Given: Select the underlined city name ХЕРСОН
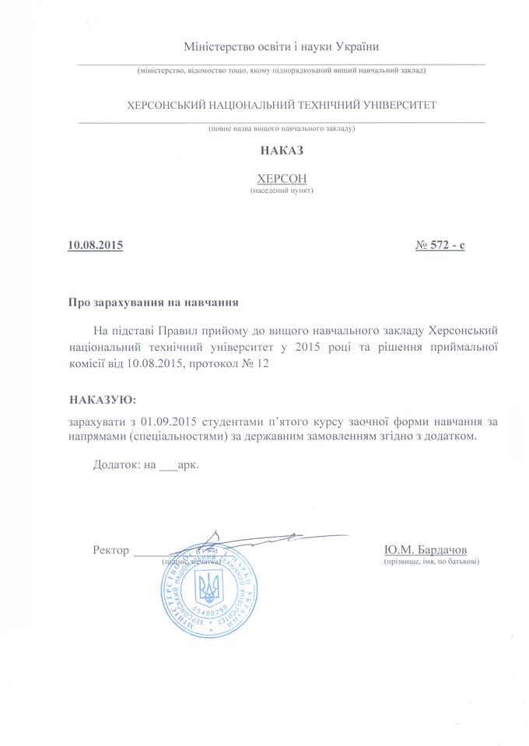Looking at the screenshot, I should pyautogui.click(x=282, y=178).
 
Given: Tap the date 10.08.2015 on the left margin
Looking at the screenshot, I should pyautogui.click(x=96, y=246).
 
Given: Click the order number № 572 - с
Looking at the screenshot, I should pyautogui.click(x=440, y=246).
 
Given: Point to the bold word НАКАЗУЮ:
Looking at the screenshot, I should pyautogui.click(x=101, y=399).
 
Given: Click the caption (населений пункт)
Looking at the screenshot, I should pyautogui.click(x=282, y=190).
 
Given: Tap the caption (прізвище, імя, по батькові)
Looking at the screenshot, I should pyautogui.click(x=431, y=561).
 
